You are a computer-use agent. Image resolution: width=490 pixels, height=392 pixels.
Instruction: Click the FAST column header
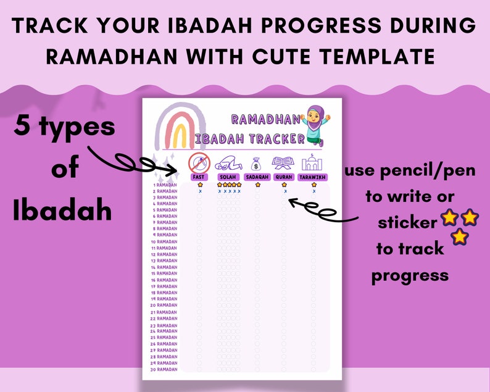tap(199, 177)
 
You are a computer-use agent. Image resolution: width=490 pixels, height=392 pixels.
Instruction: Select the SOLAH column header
tap(228, 177)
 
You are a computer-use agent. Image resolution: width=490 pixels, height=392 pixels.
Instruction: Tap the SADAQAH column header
tap(257, 177)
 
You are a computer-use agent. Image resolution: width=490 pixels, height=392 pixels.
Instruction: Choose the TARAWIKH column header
tap(314, 177)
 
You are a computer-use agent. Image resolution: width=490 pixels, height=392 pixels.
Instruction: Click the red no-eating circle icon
tap(199, 162)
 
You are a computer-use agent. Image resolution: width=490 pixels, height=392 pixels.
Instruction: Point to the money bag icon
tap(256, 163)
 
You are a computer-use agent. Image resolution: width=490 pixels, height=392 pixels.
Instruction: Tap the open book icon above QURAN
tap(284, 163)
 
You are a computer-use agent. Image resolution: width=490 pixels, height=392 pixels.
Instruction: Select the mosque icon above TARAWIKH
tap(313, 162)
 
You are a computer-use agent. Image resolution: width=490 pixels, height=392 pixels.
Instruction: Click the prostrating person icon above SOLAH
tap(228, 164)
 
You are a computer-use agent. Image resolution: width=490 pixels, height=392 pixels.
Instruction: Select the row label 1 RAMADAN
tap(164, 185)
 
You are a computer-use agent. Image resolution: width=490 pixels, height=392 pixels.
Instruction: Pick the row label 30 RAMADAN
tap(164, 369)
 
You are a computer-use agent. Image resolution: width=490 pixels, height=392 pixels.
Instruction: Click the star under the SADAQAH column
tap(257, 185)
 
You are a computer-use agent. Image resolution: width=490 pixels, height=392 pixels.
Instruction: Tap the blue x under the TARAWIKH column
tap(314, 191)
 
